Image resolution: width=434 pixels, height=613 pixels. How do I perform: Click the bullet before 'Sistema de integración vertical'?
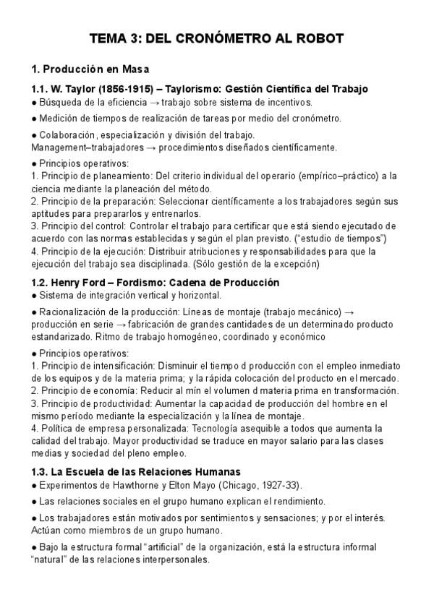34,296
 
